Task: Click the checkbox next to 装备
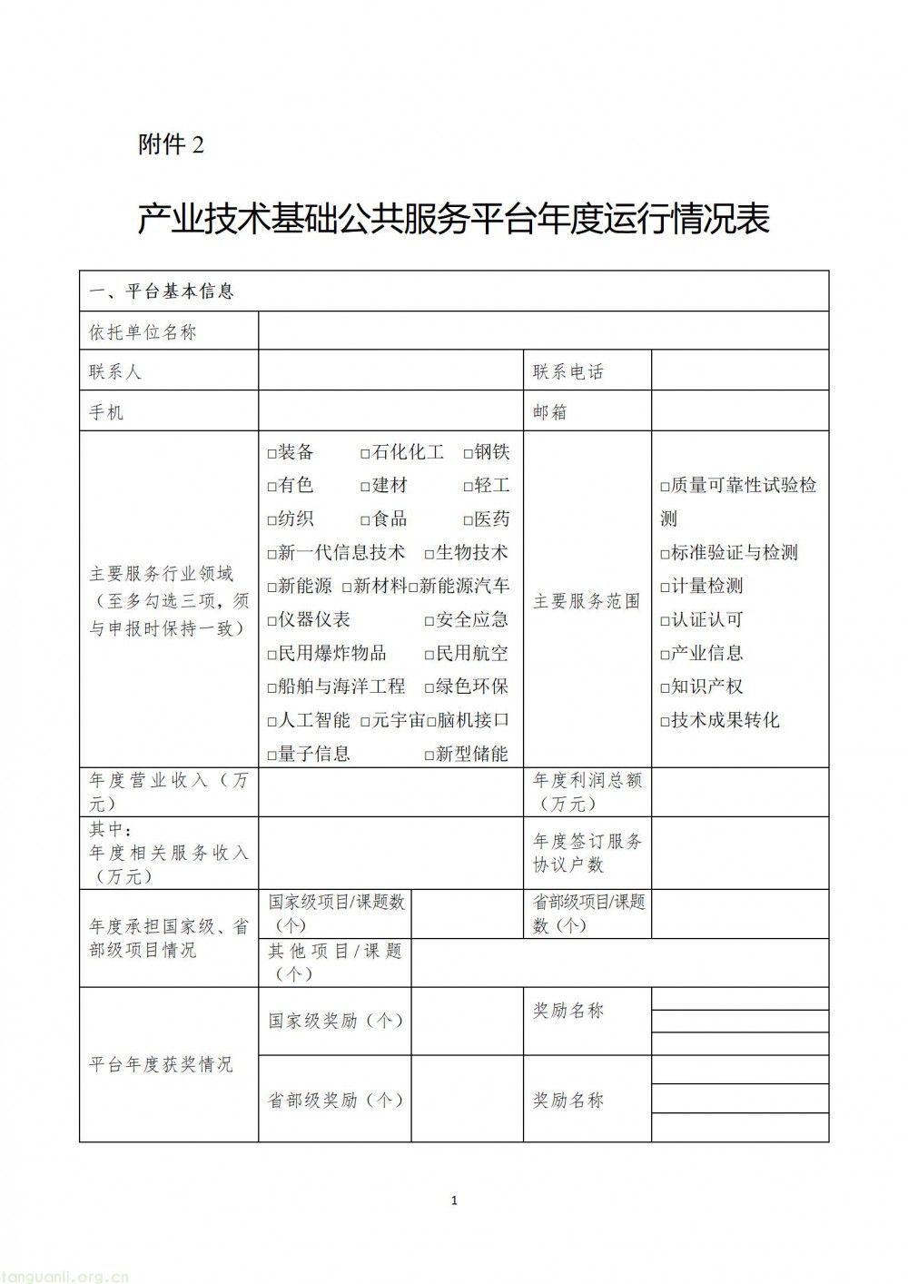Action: [x=271, y=453]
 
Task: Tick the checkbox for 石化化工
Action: [x=365, y=453]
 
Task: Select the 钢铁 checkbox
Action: [x=468, y=453]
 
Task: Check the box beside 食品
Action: [x=365, y=520]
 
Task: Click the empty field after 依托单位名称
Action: [x=543, y=331]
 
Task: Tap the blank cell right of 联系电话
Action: [x=739, y=371]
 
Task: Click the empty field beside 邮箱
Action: [x=739, y=411]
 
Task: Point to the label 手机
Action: [x=106, y=412]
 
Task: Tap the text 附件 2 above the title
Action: [x=171, y=144]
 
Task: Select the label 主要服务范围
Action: [x=587, y=601]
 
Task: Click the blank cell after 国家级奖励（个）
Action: [x=467, y=1021]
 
